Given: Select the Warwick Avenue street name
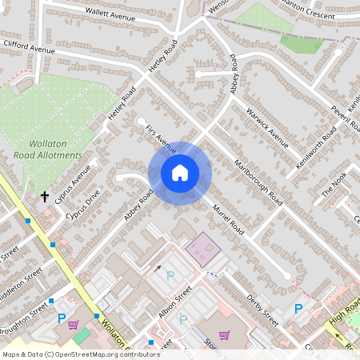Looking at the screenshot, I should (x=267, y=127).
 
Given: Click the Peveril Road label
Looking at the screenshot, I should (x=342, y=118).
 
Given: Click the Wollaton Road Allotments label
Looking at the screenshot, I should (x=48, y=149).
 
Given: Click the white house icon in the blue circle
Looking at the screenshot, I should (x=180, y=173).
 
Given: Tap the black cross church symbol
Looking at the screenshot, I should (x=45, y=196).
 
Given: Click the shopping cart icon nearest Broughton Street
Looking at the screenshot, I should (x=74, y=325).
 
